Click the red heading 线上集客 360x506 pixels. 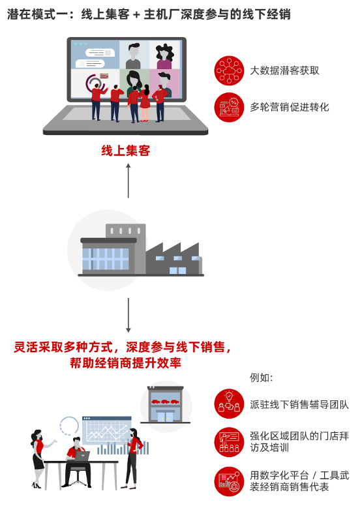click(x=126, y=151)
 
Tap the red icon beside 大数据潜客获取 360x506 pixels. click(x=229, y=70)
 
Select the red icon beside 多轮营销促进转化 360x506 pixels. click(x=229, y=108)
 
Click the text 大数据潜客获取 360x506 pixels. click(x=284, y=70)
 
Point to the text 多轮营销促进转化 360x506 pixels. click(x=290, y=107)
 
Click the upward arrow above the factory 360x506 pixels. click(x=128, y=181)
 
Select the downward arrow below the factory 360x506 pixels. click(x=128, y=315)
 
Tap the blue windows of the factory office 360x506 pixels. click(x=106, y=259)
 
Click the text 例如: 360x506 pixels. click(x=262, y=378)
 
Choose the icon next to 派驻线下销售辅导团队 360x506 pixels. click(x=229, y=404)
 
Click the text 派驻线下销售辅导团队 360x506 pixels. click(x=299, y=404)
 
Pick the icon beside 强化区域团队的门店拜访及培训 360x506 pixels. click(x=229, y=442)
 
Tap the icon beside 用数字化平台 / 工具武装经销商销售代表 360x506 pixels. click(x=229, y=481)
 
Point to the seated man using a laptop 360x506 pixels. click(x=76, y=462)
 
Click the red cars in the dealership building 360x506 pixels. click(x=166, y=402)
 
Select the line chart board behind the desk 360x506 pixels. click(x=107, y=430)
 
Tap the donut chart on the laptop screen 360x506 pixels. click(x=95, y=83)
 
